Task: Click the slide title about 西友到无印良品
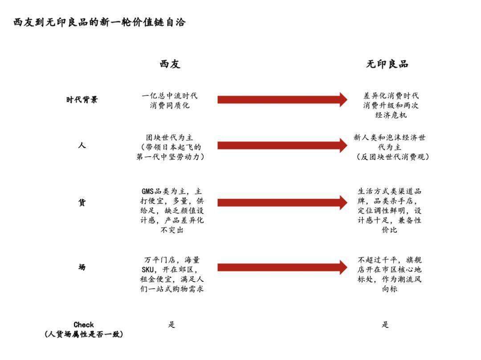[99, 22]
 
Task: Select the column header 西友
[170, 64]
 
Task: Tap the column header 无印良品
[387, 64]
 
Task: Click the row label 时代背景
[82, 100]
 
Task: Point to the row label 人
[82, 145]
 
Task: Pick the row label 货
[82, 202]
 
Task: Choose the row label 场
[82, 267]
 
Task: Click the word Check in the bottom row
[84, 325]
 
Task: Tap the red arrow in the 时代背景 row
[282, 100]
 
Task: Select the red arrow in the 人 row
[282, 146]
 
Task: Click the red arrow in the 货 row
[282, 202]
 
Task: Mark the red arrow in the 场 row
[282, 267]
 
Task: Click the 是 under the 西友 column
[171, 324]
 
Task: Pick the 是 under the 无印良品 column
[385, 324]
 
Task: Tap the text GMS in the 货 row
[147, 191]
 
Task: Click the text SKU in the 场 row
[147, 270]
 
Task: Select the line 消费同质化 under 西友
[170, 105]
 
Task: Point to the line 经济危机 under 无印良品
[391, 115]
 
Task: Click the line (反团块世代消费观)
[393, 157]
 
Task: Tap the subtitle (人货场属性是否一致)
[84, 334]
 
